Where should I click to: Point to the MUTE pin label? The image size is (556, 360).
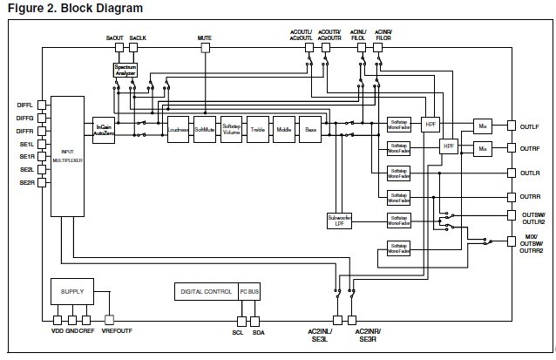205,39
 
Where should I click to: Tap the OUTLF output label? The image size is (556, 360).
530,126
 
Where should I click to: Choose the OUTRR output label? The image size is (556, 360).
530,197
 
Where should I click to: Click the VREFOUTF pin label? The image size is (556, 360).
117,331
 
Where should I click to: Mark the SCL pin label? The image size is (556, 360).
237,331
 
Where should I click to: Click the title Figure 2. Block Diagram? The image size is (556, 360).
72,8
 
